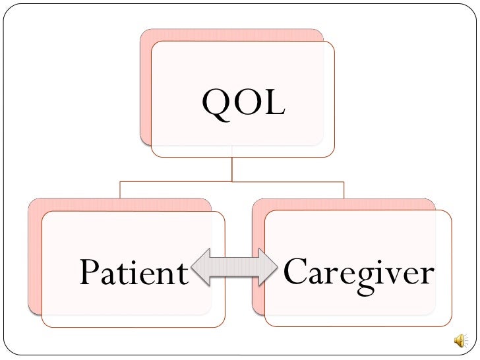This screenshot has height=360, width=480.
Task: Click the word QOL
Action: click(243, 105)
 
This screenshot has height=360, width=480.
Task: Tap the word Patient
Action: click(134, 272)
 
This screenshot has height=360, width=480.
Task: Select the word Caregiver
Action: click(358, 272)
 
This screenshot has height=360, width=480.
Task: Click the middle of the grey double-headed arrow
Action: click(234, 267)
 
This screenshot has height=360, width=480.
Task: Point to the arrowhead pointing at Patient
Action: click(198, 267)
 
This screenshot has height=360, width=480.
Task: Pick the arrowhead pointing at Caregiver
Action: click(270, 267)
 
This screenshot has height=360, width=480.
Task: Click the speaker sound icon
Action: click(459, 340)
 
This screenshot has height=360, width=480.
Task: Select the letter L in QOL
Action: click(274, 105)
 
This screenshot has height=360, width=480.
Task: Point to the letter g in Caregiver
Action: click(359, 277)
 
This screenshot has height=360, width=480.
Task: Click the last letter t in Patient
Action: click(181, 272)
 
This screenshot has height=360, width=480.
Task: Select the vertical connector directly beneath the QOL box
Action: click(231, 168)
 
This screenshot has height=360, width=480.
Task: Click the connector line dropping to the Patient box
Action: click(120, 189)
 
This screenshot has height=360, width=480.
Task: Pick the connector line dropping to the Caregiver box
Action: click(344, 189)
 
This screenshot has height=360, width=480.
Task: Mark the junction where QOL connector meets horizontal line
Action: click(231, 181)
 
